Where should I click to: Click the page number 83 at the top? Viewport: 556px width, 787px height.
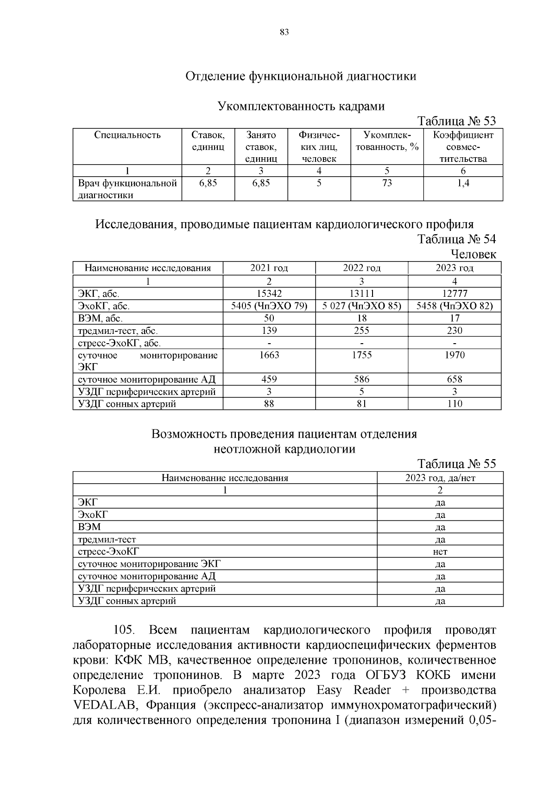[284, 32]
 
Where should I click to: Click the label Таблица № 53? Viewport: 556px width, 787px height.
[456, 121]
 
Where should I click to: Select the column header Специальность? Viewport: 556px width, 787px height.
[127, 135]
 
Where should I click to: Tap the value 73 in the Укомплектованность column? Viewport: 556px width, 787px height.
[387, 183]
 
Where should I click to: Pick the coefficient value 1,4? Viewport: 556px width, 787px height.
[463, 183]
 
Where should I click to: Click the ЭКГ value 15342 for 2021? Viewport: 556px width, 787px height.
[269, 294]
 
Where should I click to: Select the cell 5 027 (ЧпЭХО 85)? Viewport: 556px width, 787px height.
[361, 306]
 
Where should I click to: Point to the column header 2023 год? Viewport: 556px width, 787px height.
[454, 268]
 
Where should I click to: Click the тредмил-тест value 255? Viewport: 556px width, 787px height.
[361, 331]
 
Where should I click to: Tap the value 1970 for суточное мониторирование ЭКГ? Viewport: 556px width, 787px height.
[454, 355]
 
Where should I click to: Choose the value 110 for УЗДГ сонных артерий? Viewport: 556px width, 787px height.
[454, 404]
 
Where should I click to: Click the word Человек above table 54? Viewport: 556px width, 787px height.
[473, 254]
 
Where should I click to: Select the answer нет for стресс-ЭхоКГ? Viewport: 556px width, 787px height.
[440, 552]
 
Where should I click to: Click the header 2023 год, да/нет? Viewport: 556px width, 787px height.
[440, 478]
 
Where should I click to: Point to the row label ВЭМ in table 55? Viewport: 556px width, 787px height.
[89, 527]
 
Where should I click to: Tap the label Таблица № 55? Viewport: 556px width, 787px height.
[456, 464]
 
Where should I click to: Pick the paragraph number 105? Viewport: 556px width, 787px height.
[124, 630]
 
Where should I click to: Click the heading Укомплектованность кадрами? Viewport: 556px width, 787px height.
[301, 106]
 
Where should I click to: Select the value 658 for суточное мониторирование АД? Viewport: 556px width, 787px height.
[454, 379]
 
